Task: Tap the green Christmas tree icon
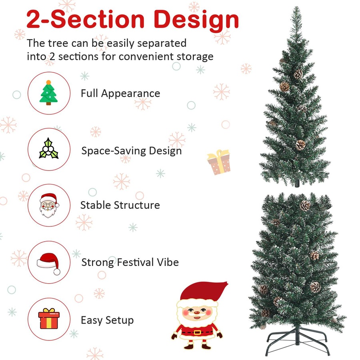(x=48, y=93)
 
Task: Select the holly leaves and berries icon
(x=48, y=149)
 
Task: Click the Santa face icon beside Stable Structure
(x=49, y=205)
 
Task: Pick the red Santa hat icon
(x=48, y=262)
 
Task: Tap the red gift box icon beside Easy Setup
(x=49, y=319)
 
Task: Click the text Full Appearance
(x=120, y=94)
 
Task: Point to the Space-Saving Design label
(x=131, y=151)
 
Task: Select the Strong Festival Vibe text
(x=130, y=263)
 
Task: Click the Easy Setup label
(x=107, y=320)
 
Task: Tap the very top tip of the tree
(x=296, y=8)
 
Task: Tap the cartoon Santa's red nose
(x=196, y=310)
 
